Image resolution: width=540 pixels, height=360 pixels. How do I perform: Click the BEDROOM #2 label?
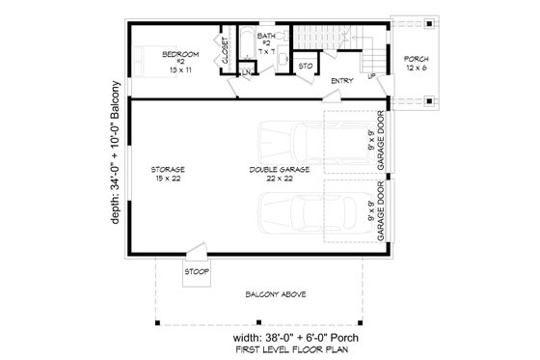(x=180, y=61)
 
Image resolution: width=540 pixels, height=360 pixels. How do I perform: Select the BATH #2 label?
(x=266, y=42)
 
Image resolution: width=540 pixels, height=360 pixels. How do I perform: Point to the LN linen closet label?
(x=248, y=71)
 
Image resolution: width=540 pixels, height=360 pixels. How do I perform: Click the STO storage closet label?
(x=305, y=67)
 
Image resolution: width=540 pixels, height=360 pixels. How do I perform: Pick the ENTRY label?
(x=341, y=81)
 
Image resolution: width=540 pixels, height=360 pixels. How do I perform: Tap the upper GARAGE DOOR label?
(x=382, y=139)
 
